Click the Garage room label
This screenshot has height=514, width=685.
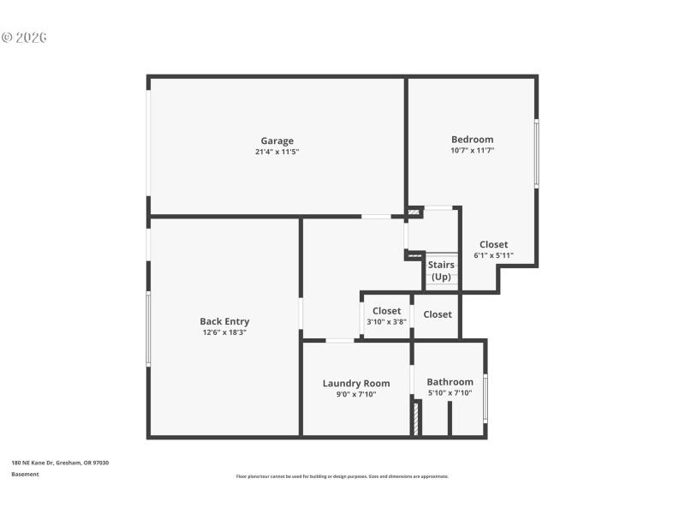tap(277, 140)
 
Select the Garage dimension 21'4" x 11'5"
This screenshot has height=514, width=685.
tap(277, 152)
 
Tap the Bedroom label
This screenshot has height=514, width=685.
tap(472, 139)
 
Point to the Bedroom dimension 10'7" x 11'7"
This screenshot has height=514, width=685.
tap(472, 150)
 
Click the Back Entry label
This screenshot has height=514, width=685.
tap(224, 321)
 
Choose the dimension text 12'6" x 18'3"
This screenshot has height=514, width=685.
tap(224, 332)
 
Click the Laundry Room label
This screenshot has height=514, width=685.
tap(355, 383)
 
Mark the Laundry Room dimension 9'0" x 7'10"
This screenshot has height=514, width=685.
tap(355, 394)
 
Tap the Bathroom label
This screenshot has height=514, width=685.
tap(450, 381)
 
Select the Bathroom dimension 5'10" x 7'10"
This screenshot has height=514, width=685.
tap(450, 393)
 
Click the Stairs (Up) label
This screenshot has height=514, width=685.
tap(441, 271)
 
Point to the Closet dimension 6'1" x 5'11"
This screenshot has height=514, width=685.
tap(493, 255)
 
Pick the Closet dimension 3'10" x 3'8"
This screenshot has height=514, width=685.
tap(386, 322)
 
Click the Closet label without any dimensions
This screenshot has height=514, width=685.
tap(438, 314)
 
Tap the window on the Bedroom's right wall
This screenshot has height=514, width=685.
tap(537, 153)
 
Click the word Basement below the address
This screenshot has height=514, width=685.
tap(25, 474)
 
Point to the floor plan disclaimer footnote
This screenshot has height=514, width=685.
tap(342, 476)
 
